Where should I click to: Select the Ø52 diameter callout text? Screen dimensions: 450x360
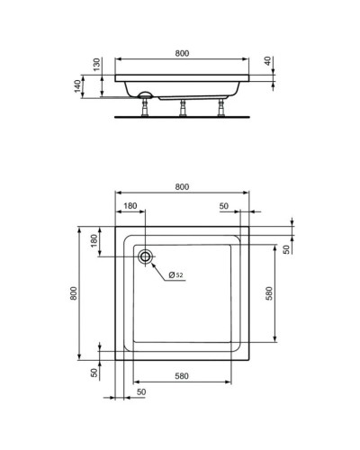click(175, 274)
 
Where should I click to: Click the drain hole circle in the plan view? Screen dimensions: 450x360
click(144, 256)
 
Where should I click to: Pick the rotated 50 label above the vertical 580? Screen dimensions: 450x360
click(287, 249)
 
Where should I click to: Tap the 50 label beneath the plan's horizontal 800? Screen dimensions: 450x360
click(224, 206)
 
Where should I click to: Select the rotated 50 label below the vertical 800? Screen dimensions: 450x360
click(94, 373)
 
